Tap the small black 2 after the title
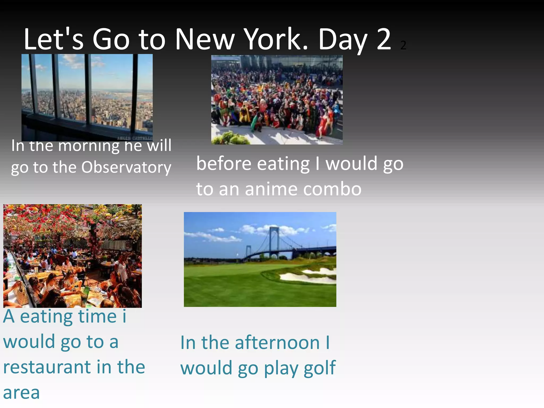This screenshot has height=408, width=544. pos(403,45)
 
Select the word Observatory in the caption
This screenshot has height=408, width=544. pos(126,167)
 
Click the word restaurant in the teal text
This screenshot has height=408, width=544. pos(47,367)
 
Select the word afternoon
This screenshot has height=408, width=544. pos(277,343)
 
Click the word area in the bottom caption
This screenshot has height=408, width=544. pos(21,393)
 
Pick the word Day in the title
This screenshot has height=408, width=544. pos(343,40)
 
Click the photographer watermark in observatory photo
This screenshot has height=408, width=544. pos(135,138)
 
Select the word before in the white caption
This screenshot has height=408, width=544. pos(224,164)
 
